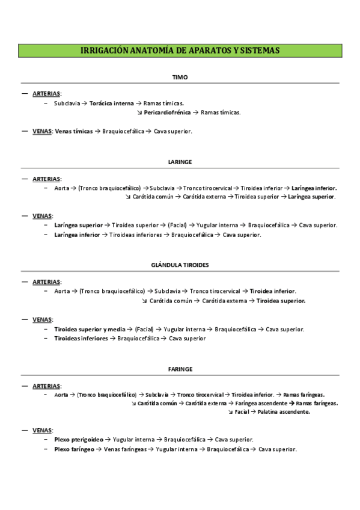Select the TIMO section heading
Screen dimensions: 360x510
point(180,78)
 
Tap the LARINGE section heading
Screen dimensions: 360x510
point(180,162)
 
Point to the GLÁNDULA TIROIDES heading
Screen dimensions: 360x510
point(180,265)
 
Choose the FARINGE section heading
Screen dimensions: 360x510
point(180,368)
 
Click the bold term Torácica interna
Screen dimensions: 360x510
point(111,103)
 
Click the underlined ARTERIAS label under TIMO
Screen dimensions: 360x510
point(46,94)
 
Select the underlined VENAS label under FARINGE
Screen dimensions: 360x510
point(42,431)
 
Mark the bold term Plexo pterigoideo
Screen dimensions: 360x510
point(79,440)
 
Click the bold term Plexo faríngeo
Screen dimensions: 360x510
point(74,449)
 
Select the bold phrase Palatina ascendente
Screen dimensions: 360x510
point(284,412)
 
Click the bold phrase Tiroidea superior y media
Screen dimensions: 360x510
point(90,330)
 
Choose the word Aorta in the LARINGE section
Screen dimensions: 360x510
point(62,188)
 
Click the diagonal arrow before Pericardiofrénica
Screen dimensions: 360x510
point(139,112)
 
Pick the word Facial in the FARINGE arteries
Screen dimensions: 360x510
point(242,412)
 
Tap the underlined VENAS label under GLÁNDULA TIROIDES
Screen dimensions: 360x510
point(42,320)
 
